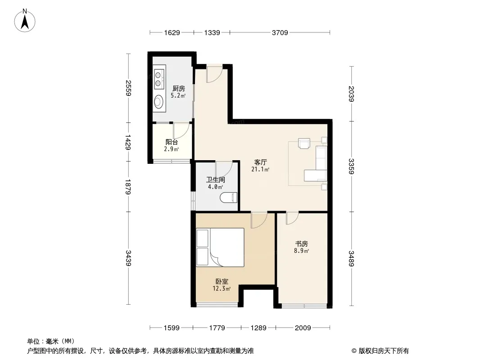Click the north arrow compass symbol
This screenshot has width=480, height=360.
pos(25,20)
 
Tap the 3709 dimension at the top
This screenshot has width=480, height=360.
pos(280,32)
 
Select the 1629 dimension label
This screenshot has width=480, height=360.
pos(172,32)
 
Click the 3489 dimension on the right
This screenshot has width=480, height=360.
pos(351,258)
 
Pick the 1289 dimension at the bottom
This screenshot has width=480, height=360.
pos(258,328)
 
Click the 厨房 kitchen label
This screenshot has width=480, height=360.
pos(178,88)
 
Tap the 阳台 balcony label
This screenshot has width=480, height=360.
pos(172,142)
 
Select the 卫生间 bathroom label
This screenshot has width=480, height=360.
pos(216,180)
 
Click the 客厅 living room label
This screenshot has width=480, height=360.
pos(261,162)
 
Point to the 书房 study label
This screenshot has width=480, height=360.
pos(302,244)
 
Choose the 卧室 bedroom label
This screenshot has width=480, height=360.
pos(222,281)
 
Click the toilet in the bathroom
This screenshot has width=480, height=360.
pos(229,198)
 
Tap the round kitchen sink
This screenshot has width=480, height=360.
pos(158,101)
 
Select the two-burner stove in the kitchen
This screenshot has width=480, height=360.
pos(158,79)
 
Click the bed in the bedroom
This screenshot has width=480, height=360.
pos(220,247)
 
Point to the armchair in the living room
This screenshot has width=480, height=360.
pos(304,144)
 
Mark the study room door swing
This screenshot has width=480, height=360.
pos(292,218)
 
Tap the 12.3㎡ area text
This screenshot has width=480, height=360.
pos(222,288)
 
